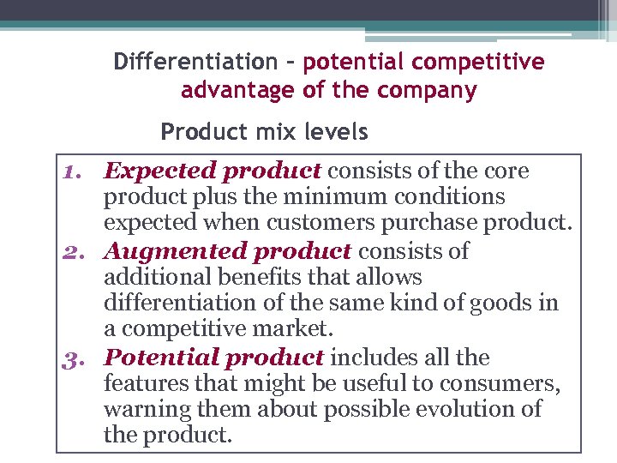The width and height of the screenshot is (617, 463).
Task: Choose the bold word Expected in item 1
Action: [158, 171]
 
